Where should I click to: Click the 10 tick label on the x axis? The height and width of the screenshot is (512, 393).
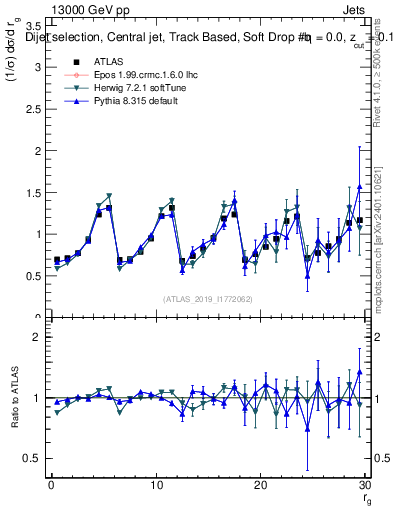coord(155,485)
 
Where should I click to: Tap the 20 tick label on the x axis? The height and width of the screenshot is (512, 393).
coord(260,485)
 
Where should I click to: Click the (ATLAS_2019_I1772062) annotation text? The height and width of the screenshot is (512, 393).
coord(206,298)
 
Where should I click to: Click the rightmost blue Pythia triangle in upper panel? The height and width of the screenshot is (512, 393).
coord(359,187)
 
